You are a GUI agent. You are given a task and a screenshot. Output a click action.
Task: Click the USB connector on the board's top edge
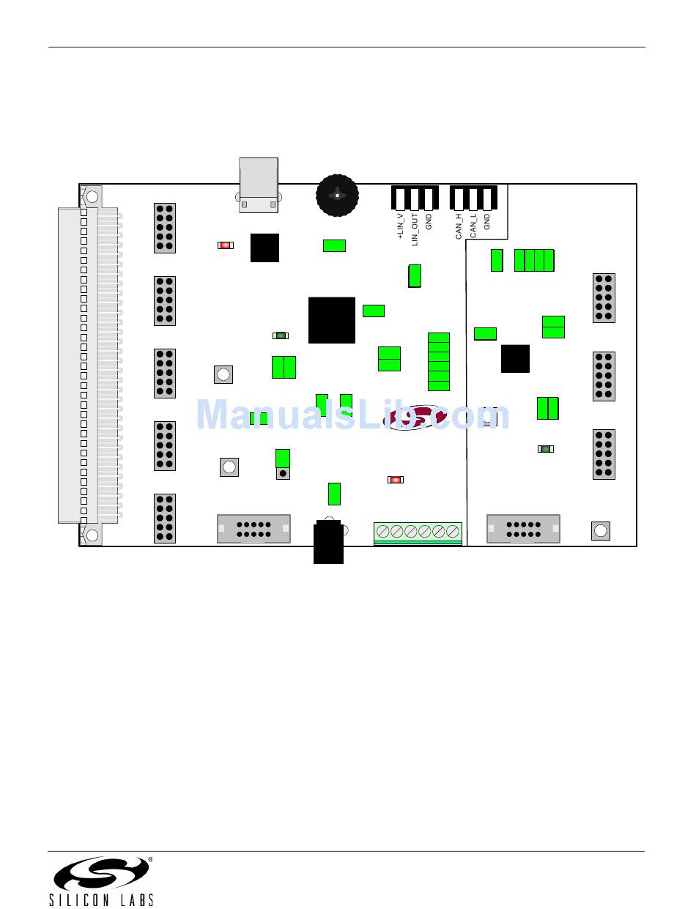(x=259, y=185)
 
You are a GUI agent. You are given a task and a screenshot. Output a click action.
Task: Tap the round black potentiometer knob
(x=337, y=196)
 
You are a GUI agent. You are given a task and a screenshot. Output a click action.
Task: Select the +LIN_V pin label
(x=400, y=226)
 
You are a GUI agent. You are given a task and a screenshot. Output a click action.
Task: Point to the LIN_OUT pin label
(x=415, y=229)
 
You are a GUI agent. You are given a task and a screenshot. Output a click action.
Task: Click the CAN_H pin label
(x=459, y=226)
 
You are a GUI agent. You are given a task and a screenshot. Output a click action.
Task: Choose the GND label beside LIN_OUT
(x=429, y=221)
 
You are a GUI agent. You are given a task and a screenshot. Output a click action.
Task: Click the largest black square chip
(x=332, y=320)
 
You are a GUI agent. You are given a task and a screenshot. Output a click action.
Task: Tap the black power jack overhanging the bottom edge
(x=328, y=543)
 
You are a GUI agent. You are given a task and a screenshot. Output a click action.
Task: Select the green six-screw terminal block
(x=418, y=533)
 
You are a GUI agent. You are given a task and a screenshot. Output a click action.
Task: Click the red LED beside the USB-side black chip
(x=226, y=245)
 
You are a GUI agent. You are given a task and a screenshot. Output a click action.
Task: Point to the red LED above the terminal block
(x=396, y=480)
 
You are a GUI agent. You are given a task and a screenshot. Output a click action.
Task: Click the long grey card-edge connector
(x=79, y=366)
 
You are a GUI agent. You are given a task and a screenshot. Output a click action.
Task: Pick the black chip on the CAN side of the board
(x=515, y=358)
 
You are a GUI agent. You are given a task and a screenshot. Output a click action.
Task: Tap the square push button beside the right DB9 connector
(x=600, y=531)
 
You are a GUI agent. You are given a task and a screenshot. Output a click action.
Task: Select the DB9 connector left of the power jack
(x=253, y=529)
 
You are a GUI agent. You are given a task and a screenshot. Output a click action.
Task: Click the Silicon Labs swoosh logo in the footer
(x=102, y=873)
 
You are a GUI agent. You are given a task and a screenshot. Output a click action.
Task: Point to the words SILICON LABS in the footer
(x=102, y=899)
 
